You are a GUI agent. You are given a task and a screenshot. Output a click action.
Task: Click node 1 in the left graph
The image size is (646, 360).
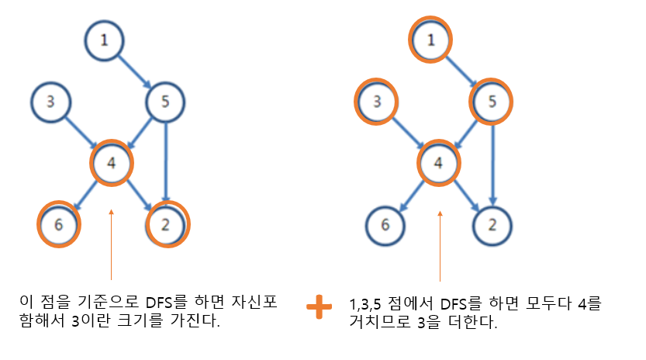click(x=104, y=40)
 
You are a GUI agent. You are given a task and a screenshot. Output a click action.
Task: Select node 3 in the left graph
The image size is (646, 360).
click(x=50, y=102)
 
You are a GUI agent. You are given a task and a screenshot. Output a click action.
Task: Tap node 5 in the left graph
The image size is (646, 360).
click(x=165, y=102)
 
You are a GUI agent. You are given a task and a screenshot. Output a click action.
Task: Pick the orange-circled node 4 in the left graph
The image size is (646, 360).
click(x=112, y=163)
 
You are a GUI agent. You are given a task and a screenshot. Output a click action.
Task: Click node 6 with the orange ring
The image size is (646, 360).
click(x=60, y=225)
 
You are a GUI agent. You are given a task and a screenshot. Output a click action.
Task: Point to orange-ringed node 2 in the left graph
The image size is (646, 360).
click(x=167, y=225)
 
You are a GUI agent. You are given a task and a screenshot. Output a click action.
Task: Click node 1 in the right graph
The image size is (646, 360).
click(x=431, y=40)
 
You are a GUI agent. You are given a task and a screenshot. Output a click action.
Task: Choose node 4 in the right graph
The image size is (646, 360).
click(x=439, y=163)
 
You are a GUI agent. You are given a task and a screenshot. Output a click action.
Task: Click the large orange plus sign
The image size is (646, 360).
click(x=319, y=307)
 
